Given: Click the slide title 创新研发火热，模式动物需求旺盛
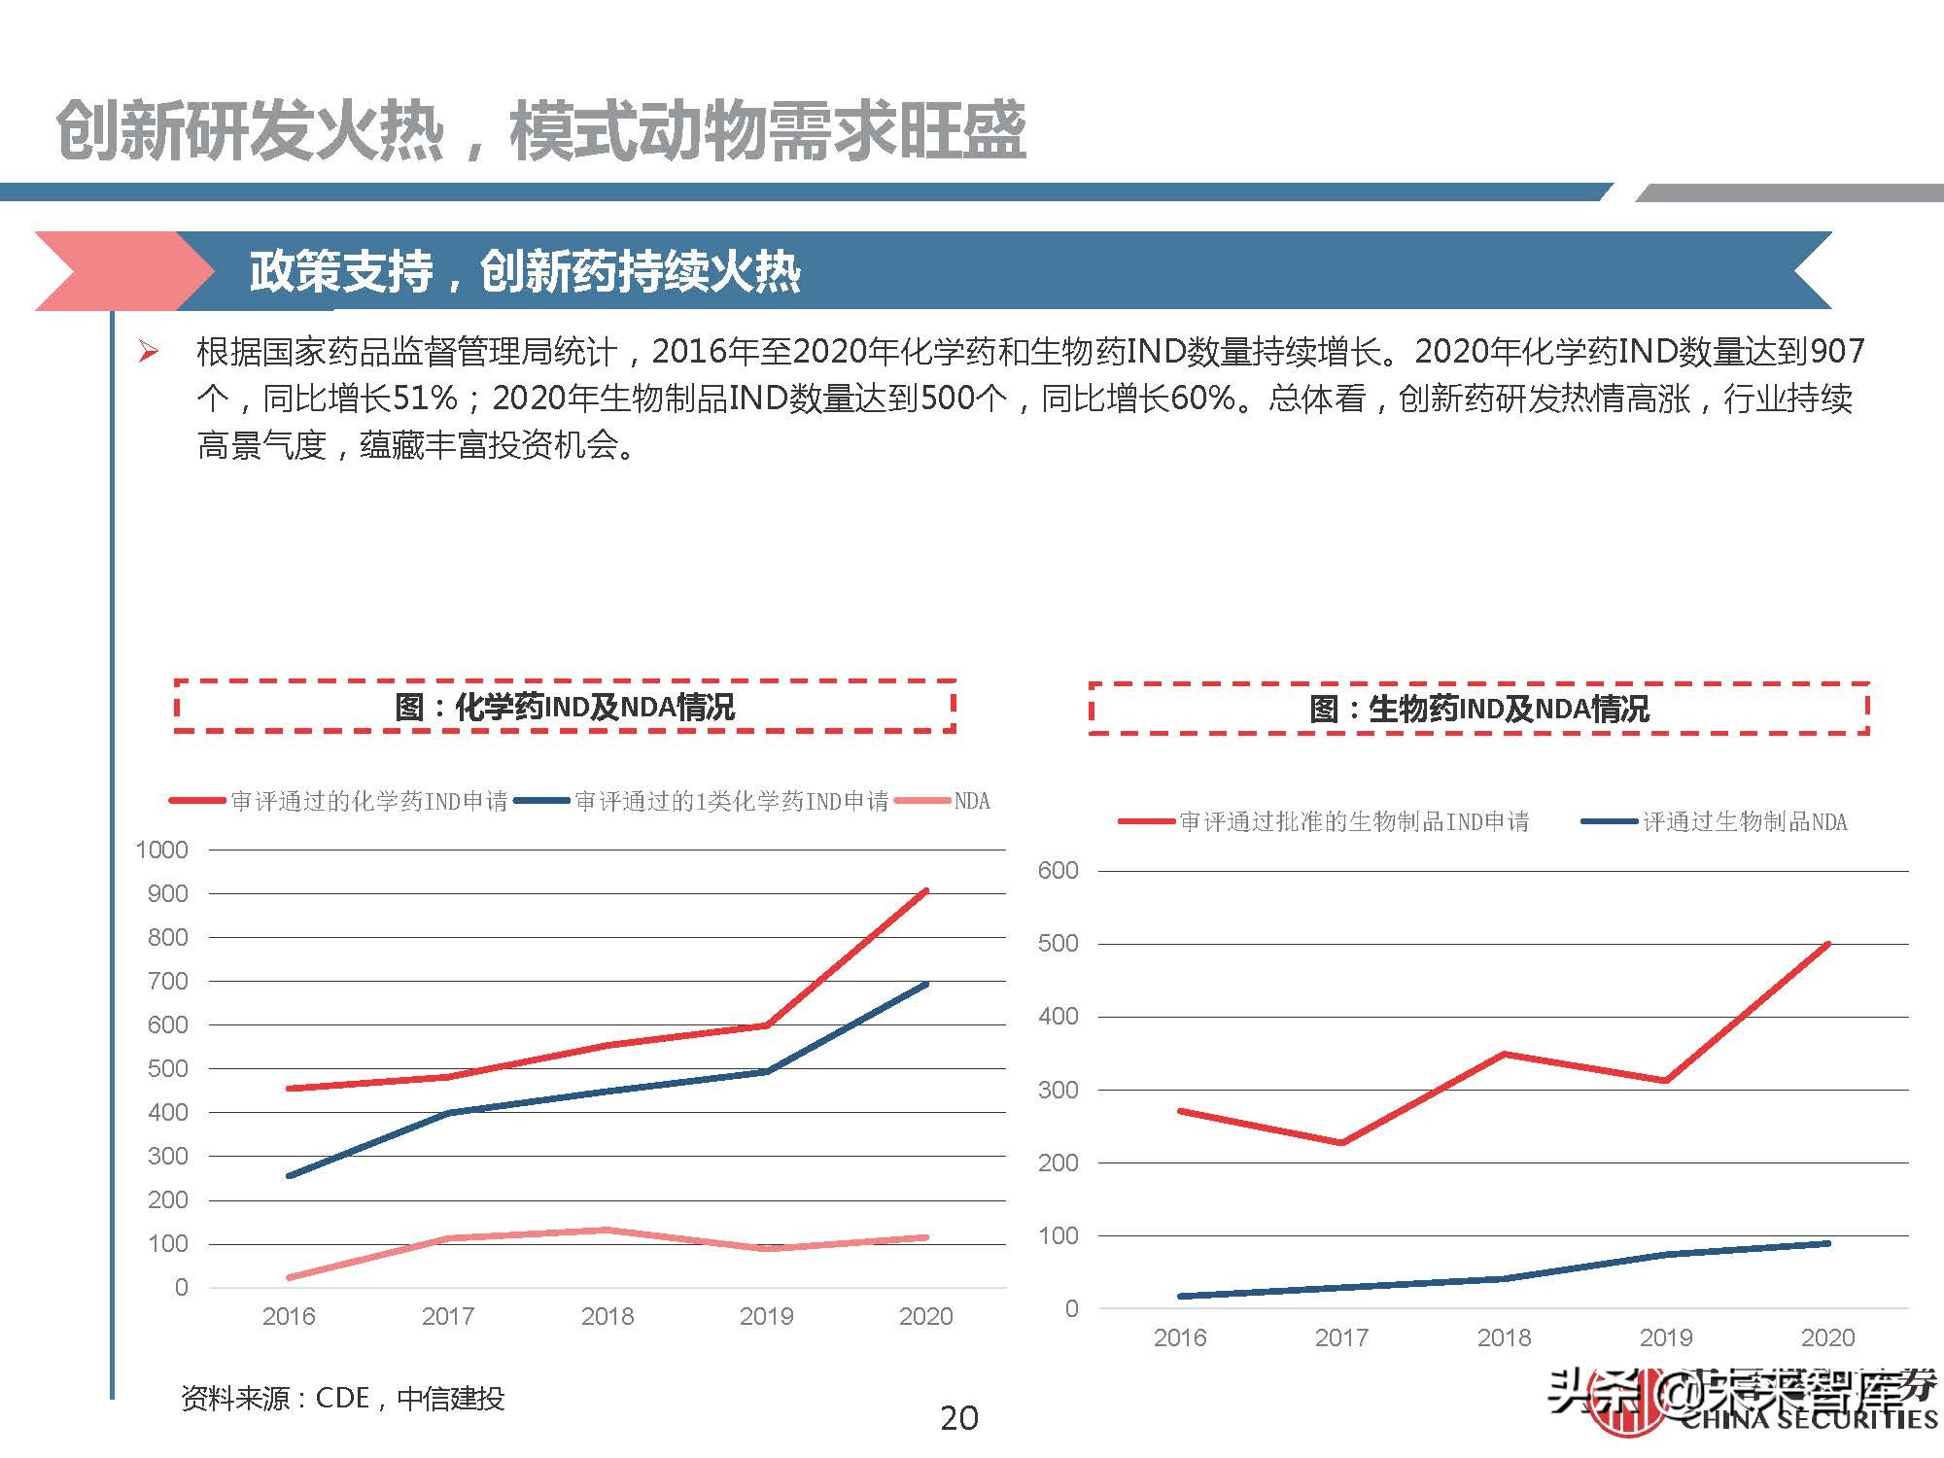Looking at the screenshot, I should tap(540, 131).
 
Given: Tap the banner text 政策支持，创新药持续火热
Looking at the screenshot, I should tap(525, 271).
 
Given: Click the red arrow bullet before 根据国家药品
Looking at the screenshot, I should tap(149, 352).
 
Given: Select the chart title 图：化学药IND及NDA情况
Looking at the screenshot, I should tap(565, 707).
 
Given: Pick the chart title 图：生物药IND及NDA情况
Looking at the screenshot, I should tap(1478, 709).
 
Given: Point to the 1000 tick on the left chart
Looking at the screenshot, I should tap(161, 850).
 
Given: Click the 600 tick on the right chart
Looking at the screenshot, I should tap(1058, 871).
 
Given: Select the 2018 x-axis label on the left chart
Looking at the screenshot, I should tap(607, 1316).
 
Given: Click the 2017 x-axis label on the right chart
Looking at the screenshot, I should tap(1341, 1337).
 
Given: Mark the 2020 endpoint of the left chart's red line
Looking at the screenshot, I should tap(925, 890).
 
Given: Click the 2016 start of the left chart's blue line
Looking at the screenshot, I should tap(289, 1175).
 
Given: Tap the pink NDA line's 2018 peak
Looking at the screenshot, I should tap(607, 1230).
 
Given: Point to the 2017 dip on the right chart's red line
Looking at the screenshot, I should tap(1341, 1143).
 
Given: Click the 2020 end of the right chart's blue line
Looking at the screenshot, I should tap(1827, 1243).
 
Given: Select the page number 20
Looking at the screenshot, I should tap(959, 1418).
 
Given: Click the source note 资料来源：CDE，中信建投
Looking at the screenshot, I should tap(342, 1398).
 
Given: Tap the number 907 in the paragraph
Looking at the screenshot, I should tap(1837, 352).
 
